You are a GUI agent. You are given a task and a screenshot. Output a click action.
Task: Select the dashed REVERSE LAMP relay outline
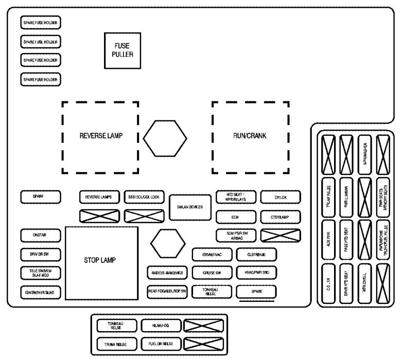coord(100,136)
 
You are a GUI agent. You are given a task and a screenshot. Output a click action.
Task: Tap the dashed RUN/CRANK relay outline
coord(250,136)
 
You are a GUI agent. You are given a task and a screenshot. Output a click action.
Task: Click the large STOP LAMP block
coord(101,259)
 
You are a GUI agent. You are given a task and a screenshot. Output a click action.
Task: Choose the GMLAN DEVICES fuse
coord(190,207)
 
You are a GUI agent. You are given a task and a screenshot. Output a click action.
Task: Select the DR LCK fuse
coord(280,197)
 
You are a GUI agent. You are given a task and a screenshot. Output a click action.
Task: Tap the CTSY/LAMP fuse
coord(280,217)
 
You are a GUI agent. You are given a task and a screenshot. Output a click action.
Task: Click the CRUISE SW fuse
coord(212,273)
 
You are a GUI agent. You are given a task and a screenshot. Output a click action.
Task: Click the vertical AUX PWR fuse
coord(328,239)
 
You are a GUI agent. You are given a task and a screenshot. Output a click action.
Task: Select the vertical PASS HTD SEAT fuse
coord(346,239)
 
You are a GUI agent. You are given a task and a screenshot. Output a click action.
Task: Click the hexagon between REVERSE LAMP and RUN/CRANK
coord(164,139)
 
